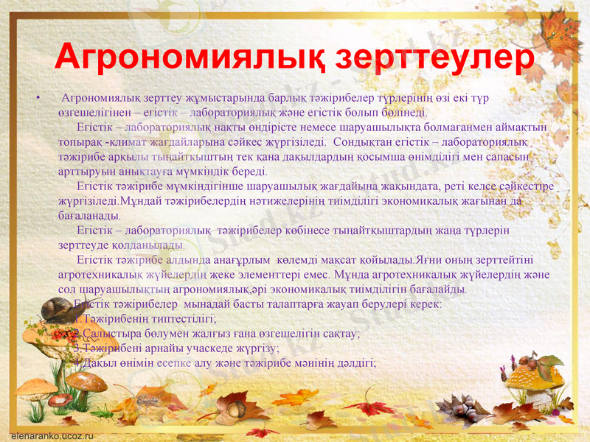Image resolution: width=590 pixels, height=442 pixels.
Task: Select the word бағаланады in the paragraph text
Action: pos(88,216)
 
